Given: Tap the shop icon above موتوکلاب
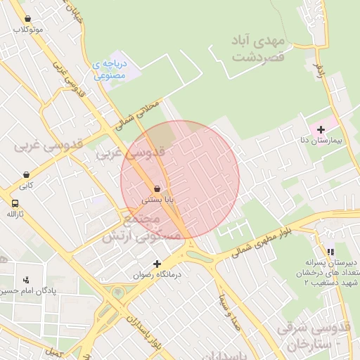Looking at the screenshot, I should coord(27,19).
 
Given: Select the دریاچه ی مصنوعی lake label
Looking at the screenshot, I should coord(109,68).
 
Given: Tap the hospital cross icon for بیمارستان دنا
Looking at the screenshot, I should coord(321,129).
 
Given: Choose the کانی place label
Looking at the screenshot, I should coord(26,186).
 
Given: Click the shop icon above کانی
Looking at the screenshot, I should coord(26,175).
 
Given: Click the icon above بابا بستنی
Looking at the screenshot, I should coord(156,188).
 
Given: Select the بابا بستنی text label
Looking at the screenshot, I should coord(157,200).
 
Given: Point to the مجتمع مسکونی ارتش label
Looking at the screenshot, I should coord(132,229).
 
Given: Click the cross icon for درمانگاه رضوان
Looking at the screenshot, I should coord(157,264).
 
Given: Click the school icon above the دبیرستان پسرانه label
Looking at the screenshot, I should coord(330,251).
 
